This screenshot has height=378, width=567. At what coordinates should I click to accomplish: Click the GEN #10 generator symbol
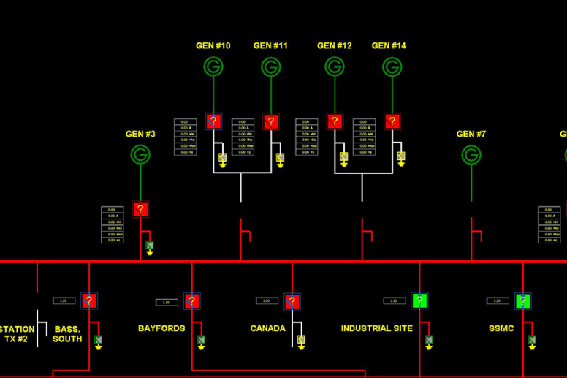coord(213,67)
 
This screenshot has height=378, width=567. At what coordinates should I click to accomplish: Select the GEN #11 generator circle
coord(271,67)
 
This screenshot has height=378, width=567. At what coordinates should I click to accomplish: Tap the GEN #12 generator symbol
coord(335,67)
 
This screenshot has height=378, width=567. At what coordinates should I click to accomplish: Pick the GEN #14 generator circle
coord(392,67)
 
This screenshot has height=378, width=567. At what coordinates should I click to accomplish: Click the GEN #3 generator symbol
coord(140,154)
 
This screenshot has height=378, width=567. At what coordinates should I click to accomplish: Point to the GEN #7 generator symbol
coord(471,155)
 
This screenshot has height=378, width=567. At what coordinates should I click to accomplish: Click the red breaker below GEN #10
coord(213,121)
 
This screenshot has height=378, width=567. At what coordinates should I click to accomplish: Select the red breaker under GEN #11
coord(271,121)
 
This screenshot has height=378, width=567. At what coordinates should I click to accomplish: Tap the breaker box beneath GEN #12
coord(335,121)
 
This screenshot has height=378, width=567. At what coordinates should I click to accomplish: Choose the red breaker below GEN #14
coord(392,121)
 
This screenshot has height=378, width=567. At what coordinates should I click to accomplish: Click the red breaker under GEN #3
coord(140,210)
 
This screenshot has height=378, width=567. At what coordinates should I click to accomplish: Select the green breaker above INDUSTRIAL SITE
coord(419,300)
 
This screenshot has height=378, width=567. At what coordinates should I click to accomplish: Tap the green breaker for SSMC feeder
coord(522,300)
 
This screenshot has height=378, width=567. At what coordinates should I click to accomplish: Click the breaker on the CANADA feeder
coord(292,301)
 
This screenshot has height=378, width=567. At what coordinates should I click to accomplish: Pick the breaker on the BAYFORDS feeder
coord(192,301)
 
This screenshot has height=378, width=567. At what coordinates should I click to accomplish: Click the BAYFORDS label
coord(161,328)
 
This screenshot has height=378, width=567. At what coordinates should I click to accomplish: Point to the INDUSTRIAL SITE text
coord(376,328)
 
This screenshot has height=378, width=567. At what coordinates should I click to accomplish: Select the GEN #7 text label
coord(471,134)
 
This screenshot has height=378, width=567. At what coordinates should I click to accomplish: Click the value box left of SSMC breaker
coord(498,300)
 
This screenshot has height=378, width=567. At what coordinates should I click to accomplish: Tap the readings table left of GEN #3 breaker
coord(113,224)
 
